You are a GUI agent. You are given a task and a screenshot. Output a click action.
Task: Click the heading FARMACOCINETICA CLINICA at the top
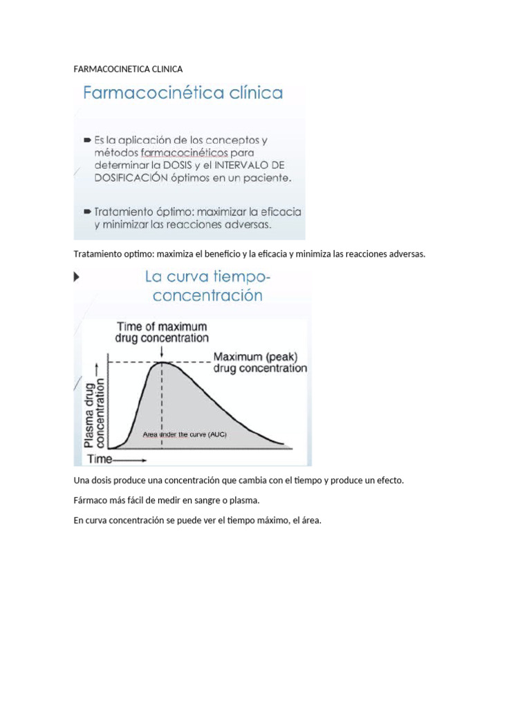[128, 69]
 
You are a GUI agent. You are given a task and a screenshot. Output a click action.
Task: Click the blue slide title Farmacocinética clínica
[183, 93]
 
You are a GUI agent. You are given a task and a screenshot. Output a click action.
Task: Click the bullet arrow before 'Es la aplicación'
[87, 139]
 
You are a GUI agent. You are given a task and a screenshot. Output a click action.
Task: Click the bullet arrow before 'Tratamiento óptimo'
[87, 211]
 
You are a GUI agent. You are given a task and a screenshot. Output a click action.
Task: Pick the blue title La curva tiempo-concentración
[207, 286]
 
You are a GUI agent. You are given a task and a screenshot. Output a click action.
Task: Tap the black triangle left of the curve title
[76, 277]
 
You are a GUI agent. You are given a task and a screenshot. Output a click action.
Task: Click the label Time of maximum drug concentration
[162, 332]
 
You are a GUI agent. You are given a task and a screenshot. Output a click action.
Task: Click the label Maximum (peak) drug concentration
[259, 362]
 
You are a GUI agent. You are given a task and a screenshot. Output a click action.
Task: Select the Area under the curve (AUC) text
[184, 434]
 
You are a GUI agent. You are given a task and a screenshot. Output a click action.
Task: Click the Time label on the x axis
[99, 458]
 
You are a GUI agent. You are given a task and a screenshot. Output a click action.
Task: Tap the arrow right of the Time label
[130, 458]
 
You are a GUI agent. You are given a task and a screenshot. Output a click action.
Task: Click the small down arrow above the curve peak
[162, 351]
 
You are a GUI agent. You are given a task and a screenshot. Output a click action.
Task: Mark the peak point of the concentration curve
[162, 362]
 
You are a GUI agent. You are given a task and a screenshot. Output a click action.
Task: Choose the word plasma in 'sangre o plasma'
[245, 500]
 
